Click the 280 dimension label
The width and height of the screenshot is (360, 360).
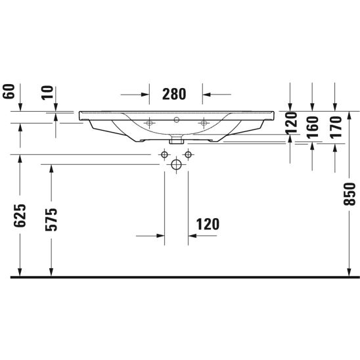(174, 94)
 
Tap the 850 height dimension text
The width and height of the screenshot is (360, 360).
(349, 194)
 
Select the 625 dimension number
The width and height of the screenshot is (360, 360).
(20, 215)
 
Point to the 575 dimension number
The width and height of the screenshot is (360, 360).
(51, 219)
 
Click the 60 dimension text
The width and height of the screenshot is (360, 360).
(9, 91)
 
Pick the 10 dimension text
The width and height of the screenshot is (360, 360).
(47, 92)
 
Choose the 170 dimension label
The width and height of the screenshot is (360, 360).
(336, 127)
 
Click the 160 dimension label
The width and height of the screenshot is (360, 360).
(313, 127)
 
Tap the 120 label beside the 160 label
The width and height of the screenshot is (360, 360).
(290, 124)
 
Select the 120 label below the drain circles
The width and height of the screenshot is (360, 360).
(208, 224)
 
